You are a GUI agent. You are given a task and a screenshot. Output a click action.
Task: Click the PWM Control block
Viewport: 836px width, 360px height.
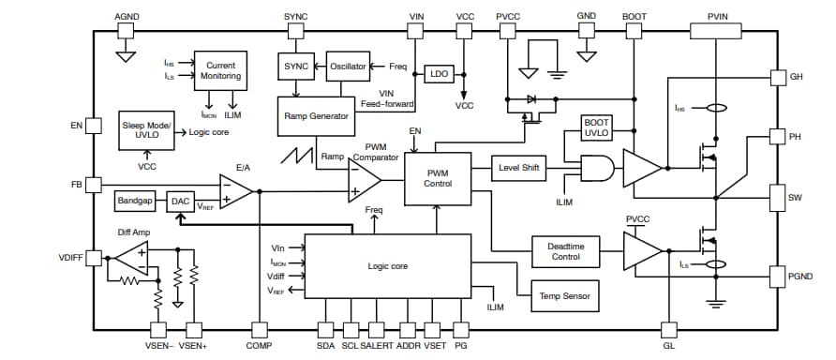click(438, 178)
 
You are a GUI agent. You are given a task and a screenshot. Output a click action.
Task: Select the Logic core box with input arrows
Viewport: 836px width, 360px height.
click(388, 266)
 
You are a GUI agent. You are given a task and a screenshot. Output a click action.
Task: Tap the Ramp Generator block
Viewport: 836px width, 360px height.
click(316, 116)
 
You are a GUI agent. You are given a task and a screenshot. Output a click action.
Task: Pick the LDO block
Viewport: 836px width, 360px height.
click(438, 74)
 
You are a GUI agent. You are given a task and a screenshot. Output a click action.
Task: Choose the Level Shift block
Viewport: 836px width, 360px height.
click(518, 167)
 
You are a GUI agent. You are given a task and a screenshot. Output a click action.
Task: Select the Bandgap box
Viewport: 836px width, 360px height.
click(137, 201)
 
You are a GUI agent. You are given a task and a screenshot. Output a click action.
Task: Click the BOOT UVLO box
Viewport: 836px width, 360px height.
click(596, 128)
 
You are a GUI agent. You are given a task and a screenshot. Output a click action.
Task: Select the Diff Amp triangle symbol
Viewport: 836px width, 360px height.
click(130, 259)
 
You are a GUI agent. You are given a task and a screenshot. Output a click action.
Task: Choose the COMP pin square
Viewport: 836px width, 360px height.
click(258, 329)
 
